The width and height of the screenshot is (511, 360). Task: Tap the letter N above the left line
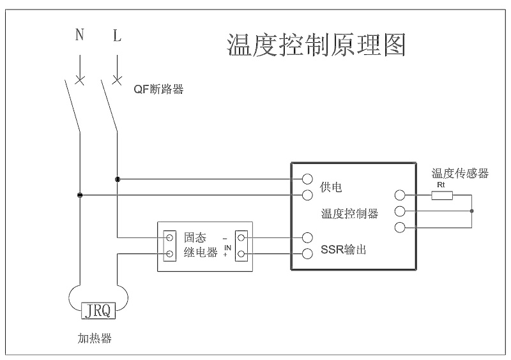(79, 36)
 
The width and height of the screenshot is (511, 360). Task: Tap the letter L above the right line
(117, 36)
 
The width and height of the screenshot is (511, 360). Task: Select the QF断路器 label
(158, 90)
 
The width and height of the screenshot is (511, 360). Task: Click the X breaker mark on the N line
(79, 80)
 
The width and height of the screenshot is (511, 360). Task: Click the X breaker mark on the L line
(117, 80)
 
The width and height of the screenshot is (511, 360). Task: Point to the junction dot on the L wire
(117, 179)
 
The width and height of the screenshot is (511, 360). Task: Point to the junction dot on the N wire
(79, 195)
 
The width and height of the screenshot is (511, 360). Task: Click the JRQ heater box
(98, 311)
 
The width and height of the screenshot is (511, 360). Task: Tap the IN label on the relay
(227, 246)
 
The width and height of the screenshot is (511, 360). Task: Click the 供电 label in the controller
(332, 187)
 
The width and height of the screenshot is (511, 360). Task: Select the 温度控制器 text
(349, 213)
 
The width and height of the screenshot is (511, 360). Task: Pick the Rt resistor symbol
(442, 195)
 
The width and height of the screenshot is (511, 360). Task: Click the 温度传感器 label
(460, 174)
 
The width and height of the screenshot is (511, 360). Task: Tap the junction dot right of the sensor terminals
(471, 211)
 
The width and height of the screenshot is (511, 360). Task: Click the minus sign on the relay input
(225, 237)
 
